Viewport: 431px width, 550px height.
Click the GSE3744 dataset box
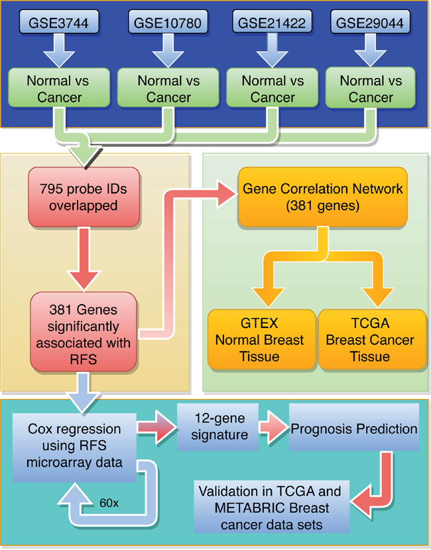click(58, 24)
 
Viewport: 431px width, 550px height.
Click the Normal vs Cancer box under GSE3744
click(58, 89)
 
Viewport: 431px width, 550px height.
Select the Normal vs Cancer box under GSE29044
click(371, 89)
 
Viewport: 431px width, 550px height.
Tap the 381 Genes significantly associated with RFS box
click(83, 331)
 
